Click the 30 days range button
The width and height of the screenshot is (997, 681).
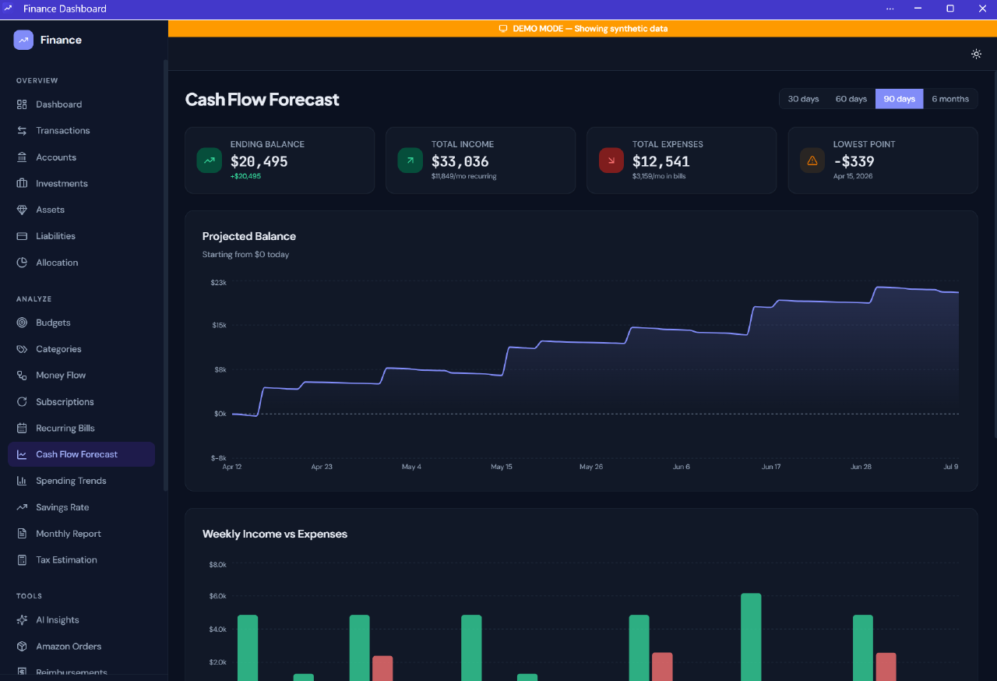pos(803,99)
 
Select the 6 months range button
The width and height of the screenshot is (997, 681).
pos(949,99)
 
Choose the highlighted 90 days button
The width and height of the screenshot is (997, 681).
pos(899,99)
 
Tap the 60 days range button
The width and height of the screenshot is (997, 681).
pos(851,99)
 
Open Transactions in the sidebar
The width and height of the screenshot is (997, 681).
pos(62,131)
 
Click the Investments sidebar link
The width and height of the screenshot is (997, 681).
pos(62,184)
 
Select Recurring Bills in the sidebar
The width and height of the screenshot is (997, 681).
pos(65,429)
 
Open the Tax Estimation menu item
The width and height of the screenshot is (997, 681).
pos(66,560)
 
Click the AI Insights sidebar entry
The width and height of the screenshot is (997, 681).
pos(57,620)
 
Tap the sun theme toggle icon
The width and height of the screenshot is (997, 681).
pos(976,55)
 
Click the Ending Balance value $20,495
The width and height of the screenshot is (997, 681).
pos(259,162)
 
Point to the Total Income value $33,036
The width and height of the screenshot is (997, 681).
pos(460,162)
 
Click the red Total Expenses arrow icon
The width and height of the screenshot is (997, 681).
pos(611,161)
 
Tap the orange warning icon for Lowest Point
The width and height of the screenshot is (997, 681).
pos(812,161)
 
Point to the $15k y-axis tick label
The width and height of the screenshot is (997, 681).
pos(218,325)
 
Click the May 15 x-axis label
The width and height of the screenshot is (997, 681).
pos(502,467)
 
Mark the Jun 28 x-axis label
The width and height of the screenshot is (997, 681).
pos(861,467)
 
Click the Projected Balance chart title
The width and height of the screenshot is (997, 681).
pos(248,237)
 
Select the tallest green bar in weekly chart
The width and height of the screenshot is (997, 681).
pos(751,635)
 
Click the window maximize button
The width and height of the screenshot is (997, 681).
pos(949,9)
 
